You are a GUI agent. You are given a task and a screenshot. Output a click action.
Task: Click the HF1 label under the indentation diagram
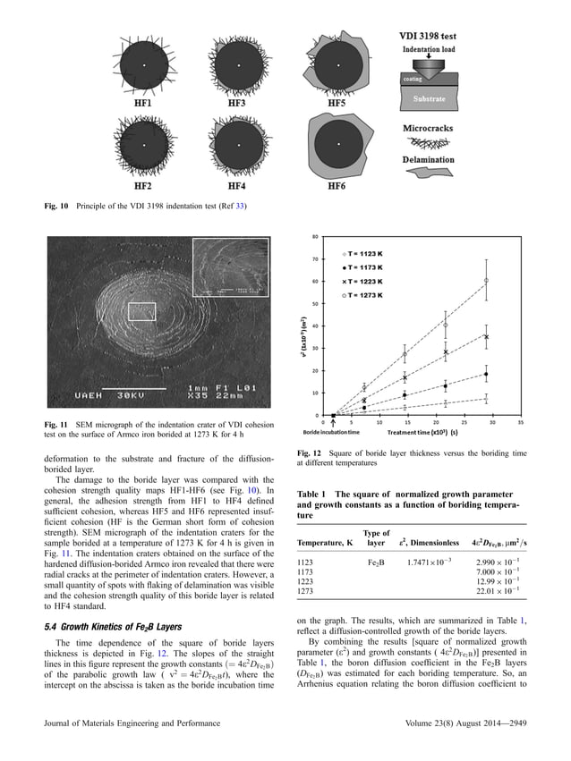click(142, 104)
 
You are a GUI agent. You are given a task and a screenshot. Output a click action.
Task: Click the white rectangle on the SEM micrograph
click(141, 311)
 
